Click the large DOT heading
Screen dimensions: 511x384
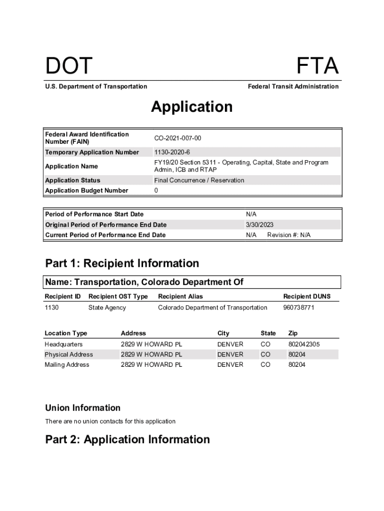tap(69, 66)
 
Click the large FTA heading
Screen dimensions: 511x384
tap(317, 66)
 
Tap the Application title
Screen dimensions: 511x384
tap(192, 107)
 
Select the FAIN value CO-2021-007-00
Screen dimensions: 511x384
tap(178, 138)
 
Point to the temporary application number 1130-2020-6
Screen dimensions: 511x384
tap(172, 152)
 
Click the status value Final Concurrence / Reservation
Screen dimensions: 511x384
tap(199, 180)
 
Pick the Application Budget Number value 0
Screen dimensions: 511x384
tap(156, 191)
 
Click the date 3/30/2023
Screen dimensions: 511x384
tap(259, 225)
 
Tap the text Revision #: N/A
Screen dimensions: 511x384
tap(289, 235)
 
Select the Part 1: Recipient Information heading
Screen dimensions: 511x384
tap(122, 263)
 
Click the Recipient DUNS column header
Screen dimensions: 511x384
tap(307, 296)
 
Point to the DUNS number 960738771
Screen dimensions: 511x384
tap(299, 307)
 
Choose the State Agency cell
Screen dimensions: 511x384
tap(107, 307)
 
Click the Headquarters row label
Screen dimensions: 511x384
tap(64, 344)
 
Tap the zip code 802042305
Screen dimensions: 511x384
tap(304, 344)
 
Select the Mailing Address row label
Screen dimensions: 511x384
tap(67, 365)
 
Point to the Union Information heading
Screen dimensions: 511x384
tap(82, 408)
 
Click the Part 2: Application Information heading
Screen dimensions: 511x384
tap(127, 439)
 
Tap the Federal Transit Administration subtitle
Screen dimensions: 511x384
tap(293, 86)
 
